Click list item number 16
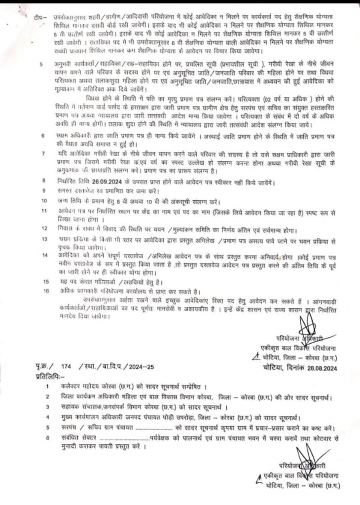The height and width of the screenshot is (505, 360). pos(46,291)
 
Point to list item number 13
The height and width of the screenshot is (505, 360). pos(45,238)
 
